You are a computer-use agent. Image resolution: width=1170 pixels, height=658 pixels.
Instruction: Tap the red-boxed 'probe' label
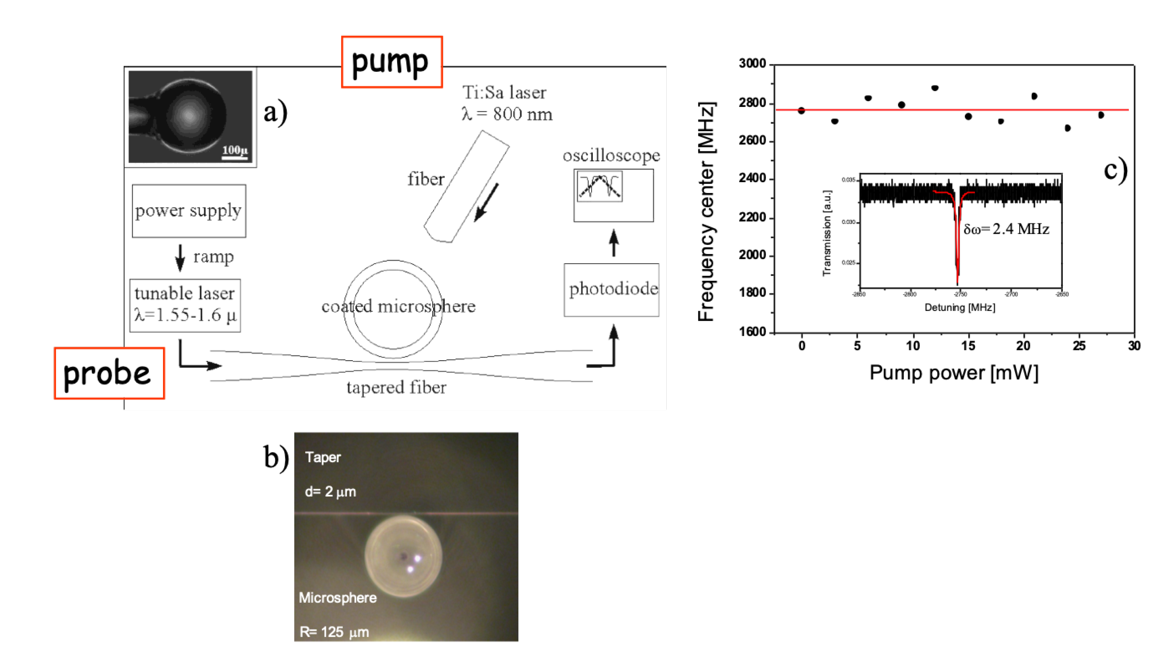click(109, 373)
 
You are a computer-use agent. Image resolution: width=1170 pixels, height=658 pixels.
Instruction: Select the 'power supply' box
click(189, 211)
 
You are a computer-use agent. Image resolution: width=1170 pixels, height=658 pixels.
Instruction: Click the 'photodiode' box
click(611, 289)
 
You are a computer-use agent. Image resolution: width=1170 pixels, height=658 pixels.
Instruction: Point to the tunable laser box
click(185, 305)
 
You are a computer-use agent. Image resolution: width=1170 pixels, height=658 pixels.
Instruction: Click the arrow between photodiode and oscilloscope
click(614, 243)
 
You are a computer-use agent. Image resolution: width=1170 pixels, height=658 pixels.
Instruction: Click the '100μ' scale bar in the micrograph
click(234, 152)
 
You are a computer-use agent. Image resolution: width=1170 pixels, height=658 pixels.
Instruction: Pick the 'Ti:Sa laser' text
click(504, 93)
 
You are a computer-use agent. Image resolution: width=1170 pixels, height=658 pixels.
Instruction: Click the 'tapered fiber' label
click(396, 387)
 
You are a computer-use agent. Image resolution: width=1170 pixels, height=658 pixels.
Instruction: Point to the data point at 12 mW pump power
click(935, 88)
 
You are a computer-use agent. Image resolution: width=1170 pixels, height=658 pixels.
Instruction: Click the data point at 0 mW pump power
click(801, 111)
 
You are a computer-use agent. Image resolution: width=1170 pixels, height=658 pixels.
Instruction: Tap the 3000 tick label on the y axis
click(752, 64)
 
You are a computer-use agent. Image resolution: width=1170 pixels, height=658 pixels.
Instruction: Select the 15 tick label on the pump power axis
click(968, 346)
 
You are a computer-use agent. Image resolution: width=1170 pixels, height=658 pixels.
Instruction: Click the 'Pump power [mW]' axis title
click(953, 373)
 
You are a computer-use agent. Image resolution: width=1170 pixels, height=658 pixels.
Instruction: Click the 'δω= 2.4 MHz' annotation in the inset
click(1006, 229)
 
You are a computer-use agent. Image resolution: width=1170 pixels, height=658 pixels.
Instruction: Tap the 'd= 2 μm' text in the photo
click(330, 491)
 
